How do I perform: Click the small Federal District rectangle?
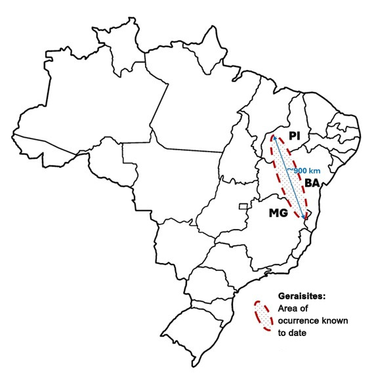tap(244, 206)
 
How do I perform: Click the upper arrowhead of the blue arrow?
tap(274, 137)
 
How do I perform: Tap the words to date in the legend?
tap(295, 333)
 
